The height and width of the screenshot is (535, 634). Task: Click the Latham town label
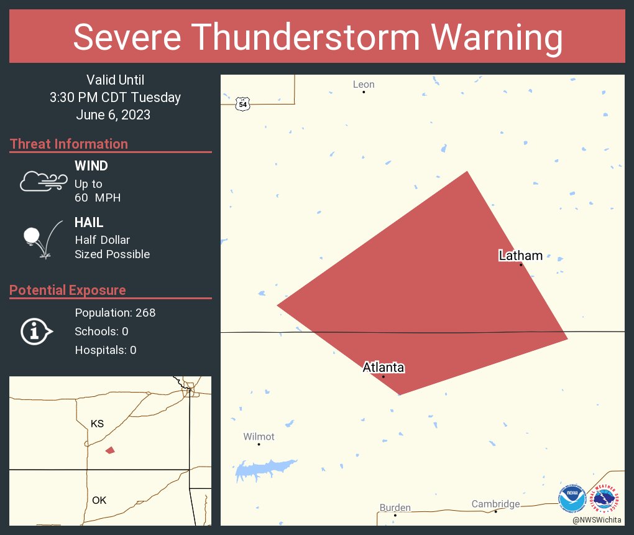coord(521,256)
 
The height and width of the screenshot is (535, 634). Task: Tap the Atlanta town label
coord(384,368)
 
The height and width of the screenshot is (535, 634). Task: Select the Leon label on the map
coord(364,85)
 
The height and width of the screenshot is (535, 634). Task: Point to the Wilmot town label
coord(259,437)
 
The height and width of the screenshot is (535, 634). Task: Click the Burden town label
coord(395,508)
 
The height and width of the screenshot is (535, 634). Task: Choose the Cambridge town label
coord(495,504)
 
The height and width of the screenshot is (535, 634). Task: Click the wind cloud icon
coord(43,181)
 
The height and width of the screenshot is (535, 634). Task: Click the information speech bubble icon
coord(36,332)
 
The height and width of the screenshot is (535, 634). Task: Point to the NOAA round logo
coord(572,499)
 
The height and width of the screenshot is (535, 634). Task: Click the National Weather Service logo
coord(606,499)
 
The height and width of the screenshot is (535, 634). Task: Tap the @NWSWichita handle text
coord(597,519)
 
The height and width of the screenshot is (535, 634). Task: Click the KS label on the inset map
coord(97,424)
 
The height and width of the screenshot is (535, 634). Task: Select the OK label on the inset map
coord(99,500)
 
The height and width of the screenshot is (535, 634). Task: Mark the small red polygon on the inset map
coord(110,450)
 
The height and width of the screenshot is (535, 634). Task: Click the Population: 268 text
coord(115,312)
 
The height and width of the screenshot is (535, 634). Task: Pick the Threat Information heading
coord(69,144)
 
